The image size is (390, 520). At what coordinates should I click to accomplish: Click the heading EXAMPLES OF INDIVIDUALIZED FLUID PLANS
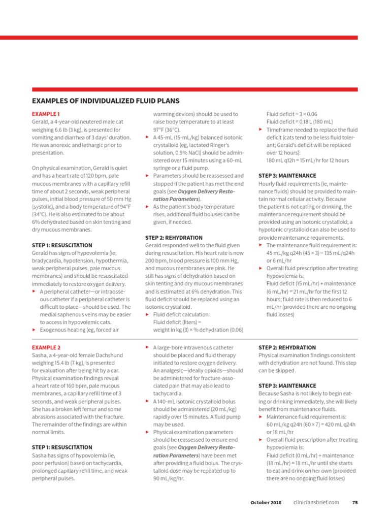pos(106,101)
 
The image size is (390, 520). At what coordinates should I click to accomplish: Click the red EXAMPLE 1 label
pos(46,114)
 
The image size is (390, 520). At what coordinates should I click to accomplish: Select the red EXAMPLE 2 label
pos(46,348)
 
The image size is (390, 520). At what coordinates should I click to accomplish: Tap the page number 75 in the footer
pos(355,502)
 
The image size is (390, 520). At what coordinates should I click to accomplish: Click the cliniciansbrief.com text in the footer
pos(316,502)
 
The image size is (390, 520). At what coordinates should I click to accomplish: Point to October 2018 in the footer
pos(266,502)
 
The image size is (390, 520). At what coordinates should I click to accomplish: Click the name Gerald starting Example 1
pos(41,122)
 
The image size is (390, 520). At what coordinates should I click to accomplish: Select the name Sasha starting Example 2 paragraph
pos(40,355)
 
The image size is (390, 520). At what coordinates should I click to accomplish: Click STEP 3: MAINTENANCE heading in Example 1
pos(287,176)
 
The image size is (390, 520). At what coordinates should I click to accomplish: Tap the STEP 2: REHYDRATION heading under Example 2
pos(287,348)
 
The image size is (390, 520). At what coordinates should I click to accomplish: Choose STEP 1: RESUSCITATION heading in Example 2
pos(62,447)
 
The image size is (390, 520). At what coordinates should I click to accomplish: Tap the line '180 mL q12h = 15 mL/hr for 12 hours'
pos(308,160)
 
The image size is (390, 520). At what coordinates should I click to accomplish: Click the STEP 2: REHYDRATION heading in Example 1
pos(174,238)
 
